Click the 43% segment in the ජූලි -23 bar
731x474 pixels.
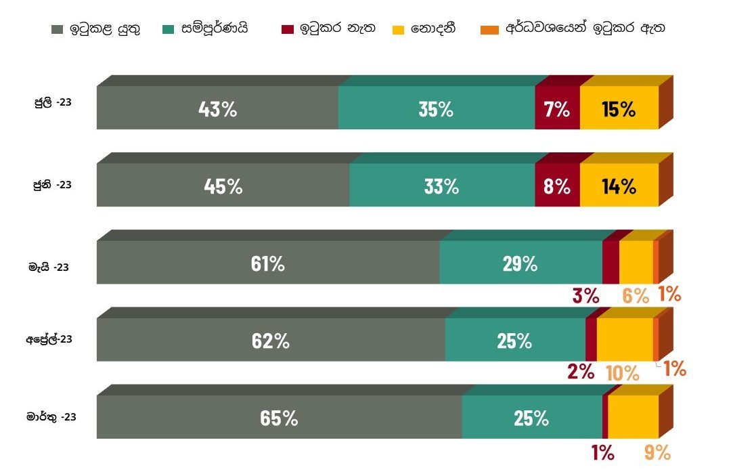(x=217, y=109)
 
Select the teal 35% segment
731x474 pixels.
(x=436, y=109)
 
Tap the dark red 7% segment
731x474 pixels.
(x=557, y=109)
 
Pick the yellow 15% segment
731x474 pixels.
(x=619, y=109)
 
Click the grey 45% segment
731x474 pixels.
(x=223, y=186)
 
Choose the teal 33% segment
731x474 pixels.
(x=441, y=186)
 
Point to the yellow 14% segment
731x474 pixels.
(x=619, y=186)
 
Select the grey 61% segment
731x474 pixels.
(x=267, y=263)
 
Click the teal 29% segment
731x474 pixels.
(x=520, y=263)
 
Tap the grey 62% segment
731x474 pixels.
(x=270, y=341)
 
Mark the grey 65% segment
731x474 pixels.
(x=279, y=418)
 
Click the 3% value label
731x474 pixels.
(x=586, y=295)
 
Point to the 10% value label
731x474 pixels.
(x=622, y=372)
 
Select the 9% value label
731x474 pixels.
(x=657, y=452)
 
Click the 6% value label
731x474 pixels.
(x=636, y=295)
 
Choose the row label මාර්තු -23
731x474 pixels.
(x=51, y=417)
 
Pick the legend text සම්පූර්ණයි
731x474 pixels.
(x=215, y=29)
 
